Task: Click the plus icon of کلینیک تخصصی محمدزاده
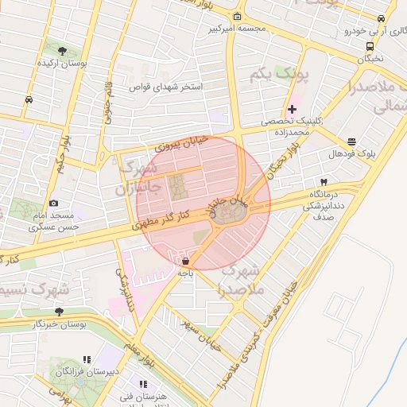pos(292,109)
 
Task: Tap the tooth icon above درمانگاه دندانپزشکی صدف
pos(324,182)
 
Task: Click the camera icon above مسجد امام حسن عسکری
pos(53,203)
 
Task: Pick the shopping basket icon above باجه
pos(185,261)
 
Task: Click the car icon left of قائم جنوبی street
pos(29,99)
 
